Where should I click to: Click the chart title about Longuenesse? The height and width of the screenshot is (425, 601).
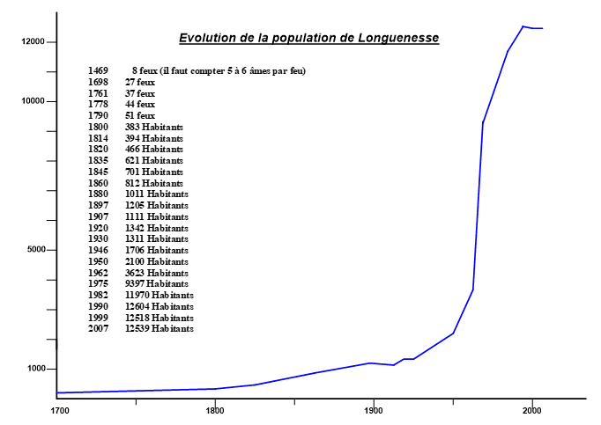pos(308,38)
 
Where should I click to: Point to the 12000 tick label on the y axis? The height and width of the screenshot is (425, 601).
pos(33,42)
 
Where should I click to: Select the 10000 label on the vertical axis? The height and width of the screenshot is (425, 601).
pos(33,101)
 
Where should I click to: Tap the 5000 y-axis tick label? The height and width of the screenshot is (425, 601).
pos(35,250)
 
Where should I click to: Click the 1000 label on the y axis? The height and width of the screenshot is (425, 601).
pos(35,369)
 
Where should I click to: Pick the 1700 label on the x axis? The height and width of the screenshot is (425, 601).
pos(59,411)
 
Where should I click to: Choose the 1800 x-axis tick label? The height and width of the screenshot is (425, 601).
pos(215,411)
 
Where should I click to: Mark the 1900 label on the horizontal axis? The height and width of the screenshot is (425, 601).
pos(374,411)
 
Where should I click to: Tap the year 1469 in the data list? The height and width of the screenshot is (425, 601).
pos(98,70)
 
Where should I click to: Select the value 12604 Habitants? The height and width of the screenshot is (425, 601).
pos(160,306)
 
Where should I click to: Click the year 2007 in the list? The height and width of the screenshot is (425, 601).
pos(98,328)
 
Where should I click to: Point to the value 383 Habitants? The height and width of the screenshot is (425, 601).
pos(154,127)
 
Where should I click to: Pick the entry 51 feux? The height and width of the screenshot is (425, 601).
pos(140,115)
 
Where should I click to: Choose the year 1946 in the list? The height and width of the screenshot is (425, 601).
pos(98,250)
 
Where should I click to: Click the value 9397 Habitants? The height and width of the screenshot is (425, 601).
pos(157,283)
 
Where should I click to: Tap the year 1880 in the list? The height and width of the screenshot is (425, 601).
pos(98,194)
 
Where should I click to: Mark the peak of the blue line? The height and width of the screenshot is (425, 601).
pos(523,26)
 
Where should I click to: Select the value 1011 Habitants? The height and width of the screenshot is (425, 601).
pos(157,194)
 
